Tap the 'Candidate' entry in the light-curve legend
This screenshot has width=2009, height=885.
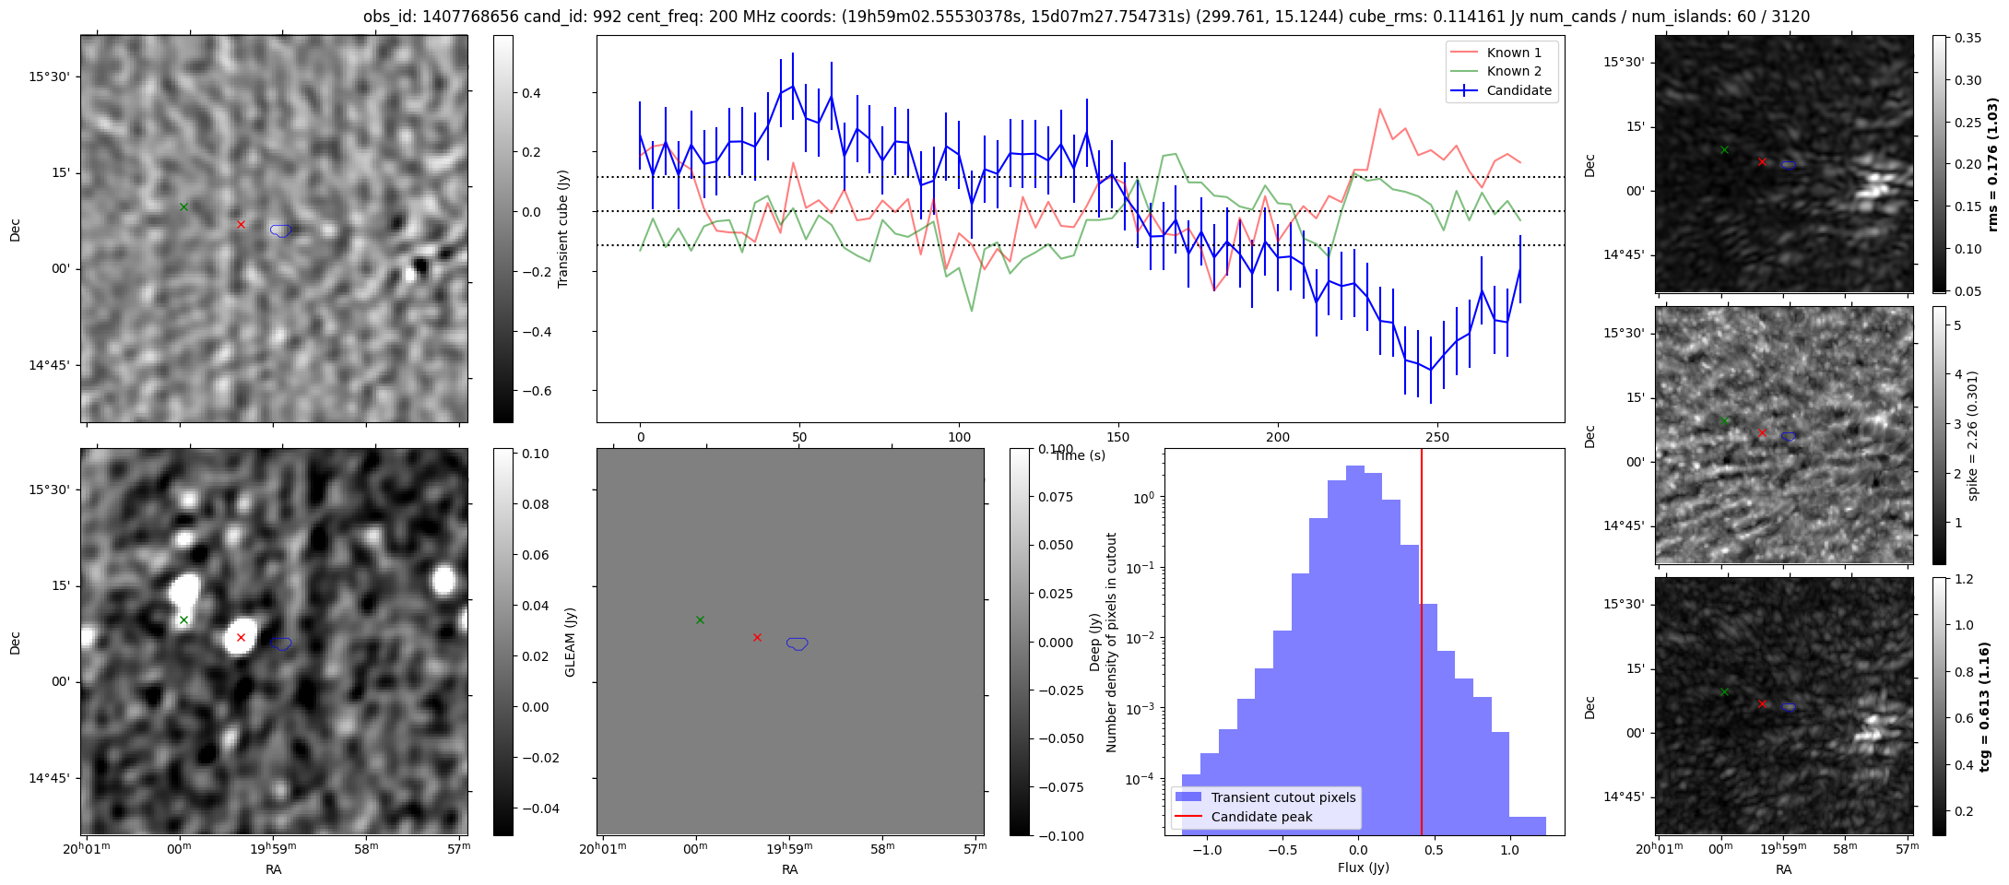pyautogui.click(x=1519, y=90)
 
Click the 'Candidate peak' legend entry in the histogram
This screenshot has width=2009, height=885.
pyautogui.click(x=1261, y=817)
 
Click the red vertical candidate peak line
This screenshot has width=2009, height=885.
pyautogui.click(x=1422, y=645)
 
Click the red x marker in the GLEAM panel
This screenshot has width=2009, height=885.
pyautogui.click(x=757, y=637)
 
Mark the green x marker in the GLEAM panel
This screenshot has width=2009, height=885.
pyautogui.click(x=700, y=619)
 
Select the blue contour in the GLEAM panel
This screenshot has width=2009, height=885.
pyautogui.click(x=798, y=643)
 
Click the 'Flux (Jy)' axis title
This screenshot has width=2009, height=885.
pyautogui.click(x=1364, y=867)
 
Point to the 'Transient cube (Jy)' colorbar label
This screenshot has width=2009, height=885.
pyautogui.click(x=563, y=229)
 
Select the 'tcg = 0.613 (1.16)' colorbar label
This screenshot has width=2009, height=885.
pyautogui.click(x=1984, y=706)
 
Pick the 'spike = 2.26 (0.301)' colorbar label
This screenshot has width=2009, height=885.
pyautogui.click(x=1973, y=435)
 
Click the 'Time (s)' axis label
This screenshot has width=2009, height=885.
pyautogui.click(x=1080, y=455)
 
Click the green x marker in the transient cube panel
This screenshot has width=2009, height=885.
pyautogui.click(x=183, y=206)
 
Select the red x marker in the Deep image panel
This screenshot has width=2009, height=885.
pyautogui.click(x=241, y=637)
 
